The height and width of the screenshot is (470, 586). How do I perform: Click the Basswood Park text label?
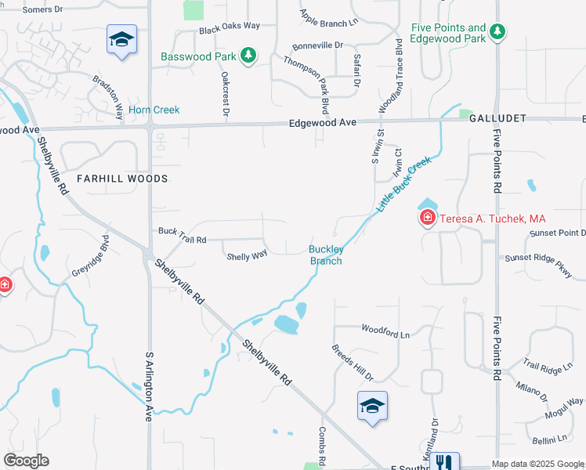click(x=197, y=56)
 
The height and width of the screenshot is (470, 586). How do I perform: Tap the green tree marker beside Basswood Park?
click(x=248, y=55)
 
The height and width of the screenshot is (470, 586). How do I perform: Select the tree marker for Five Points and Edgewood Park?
click(x=497, y=32)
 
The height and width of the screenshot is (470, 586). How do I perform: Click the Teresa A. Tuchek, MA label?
click(x=491, y=219)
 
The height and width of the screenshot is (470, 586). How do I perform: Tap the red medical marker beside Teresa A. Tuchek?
click(x=427, y=218)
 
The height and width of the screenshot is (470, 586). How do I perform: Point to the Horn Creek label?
click(x=154, y=110)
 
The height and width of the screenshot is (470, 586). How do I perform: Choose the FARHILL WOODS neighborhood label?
click(x=122, y=179)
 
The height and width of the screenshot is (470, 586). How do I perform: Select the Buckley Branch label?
click(x=325, y=255)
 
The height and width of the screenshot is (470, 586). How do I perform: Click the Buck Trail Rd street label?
click(x=182, y=233)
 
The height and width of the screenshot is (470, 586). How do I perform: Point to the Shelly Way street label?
click(x=247, y=256)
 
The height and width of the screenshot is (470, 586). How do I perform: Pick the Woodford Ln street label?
click(x=385, y=331)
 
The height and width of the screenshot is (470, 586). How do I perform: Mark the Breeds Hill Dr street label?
click(x=352, y=362)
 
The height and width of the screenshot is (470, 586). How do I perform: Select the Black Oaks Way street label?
click(x=230, y=27)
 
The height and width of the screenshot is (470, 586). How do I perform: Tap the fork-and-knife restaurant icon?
click(x=446, y=461)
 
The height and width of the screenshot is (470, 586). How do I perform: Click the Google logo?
click(x=26, y=461)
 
